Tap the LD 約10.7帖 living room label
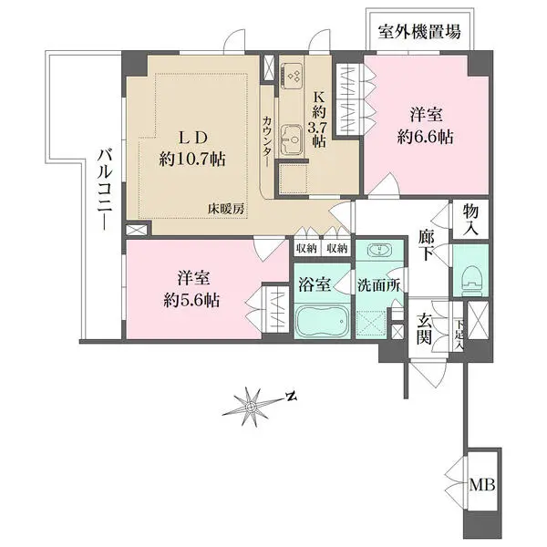coord(192,148)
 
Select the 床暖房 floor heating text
coord(225,209)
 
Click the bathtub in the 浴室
coord(322,321)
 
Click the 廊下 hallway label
coord(427,245)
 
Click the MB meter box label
coord(482,484)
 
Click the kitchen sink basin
coord(292,139)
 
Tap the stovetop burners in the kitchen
coord(294,76)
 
